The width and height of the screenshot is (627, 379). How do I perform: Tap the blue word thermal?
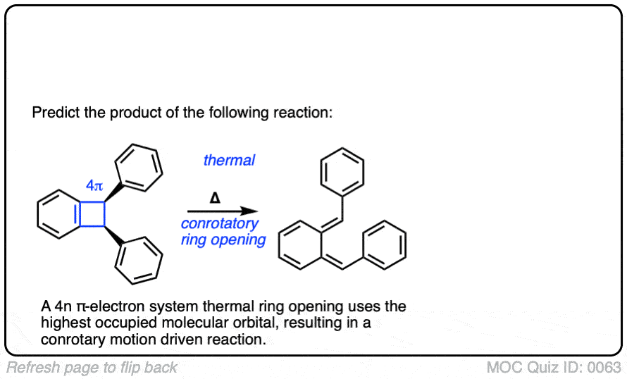tap(229, 161)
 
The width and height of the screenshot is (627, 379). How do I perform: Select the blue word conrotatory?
tap(220, 224)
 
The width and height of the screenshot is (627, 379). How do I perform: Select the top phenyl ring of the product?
tap(342, 170)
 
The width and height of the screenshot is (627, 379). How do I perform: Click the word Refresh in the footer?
tap(32, 367)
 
